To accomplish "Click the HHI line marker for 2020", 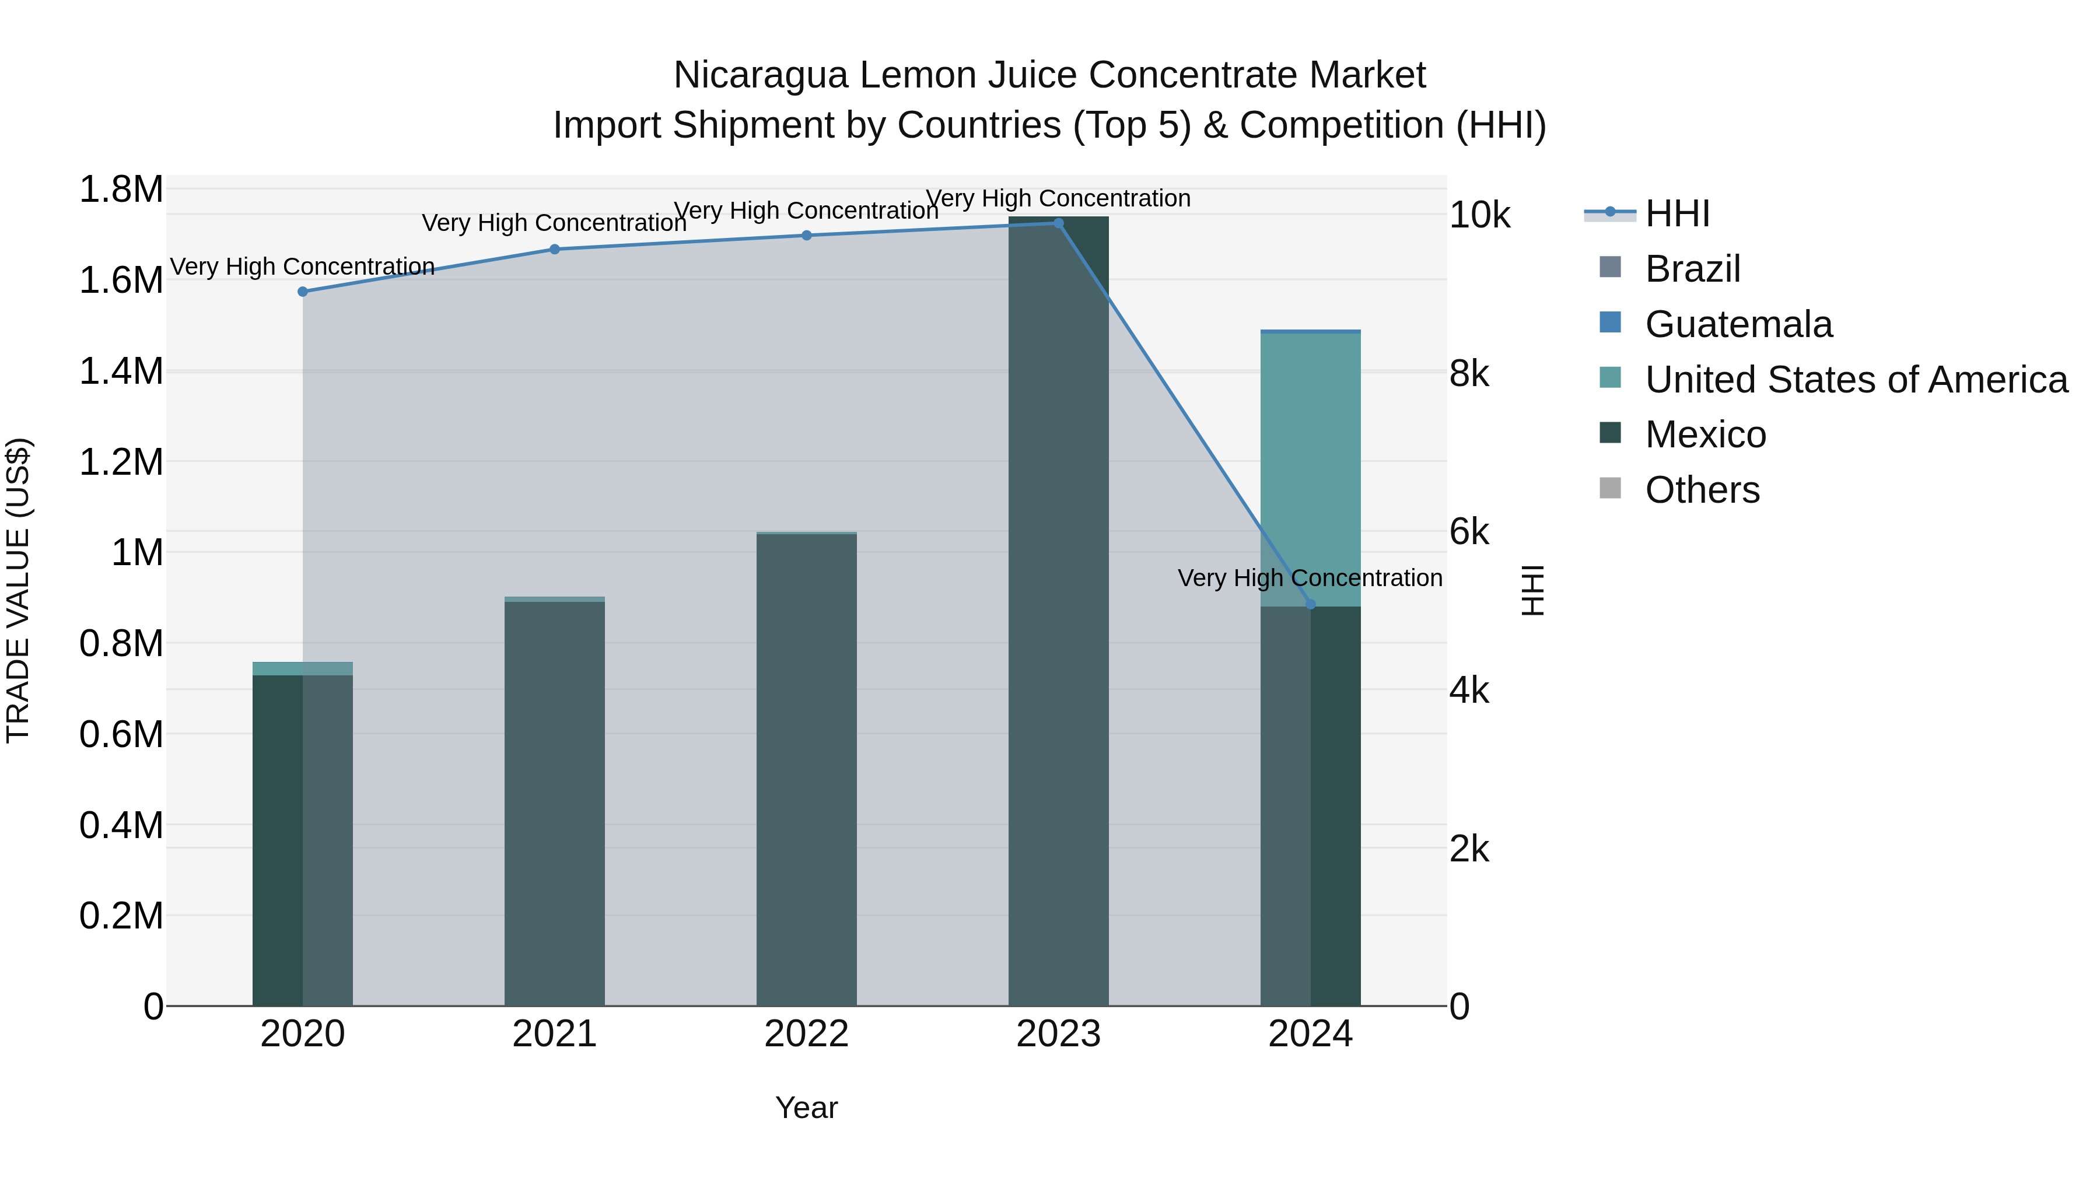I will [302, 292].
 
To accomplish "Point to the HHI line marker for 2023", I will [1058, 223].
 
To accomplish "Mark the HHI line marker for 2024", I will [1311, 604].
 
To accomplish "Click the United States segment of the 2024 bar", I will [1311, 469].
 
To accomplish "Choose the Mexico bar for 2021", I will [554, 803].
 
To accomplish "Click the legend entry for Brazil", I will [1692, 269].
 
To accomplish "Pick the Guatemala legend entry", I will [1738, 324].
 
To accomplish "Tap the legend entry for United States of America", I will [1856, 380].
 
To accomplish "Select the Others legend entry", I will [1702, 490].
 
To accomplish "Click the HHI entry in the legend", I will [1677, 213].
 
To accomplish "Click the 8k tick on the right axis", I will [1468, 374].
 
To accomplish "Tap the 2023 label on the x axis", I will [1058, 1034].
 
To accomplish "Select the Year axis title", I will [806, 1108].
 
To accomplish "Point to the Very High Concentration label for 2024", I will [1310, 578].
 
